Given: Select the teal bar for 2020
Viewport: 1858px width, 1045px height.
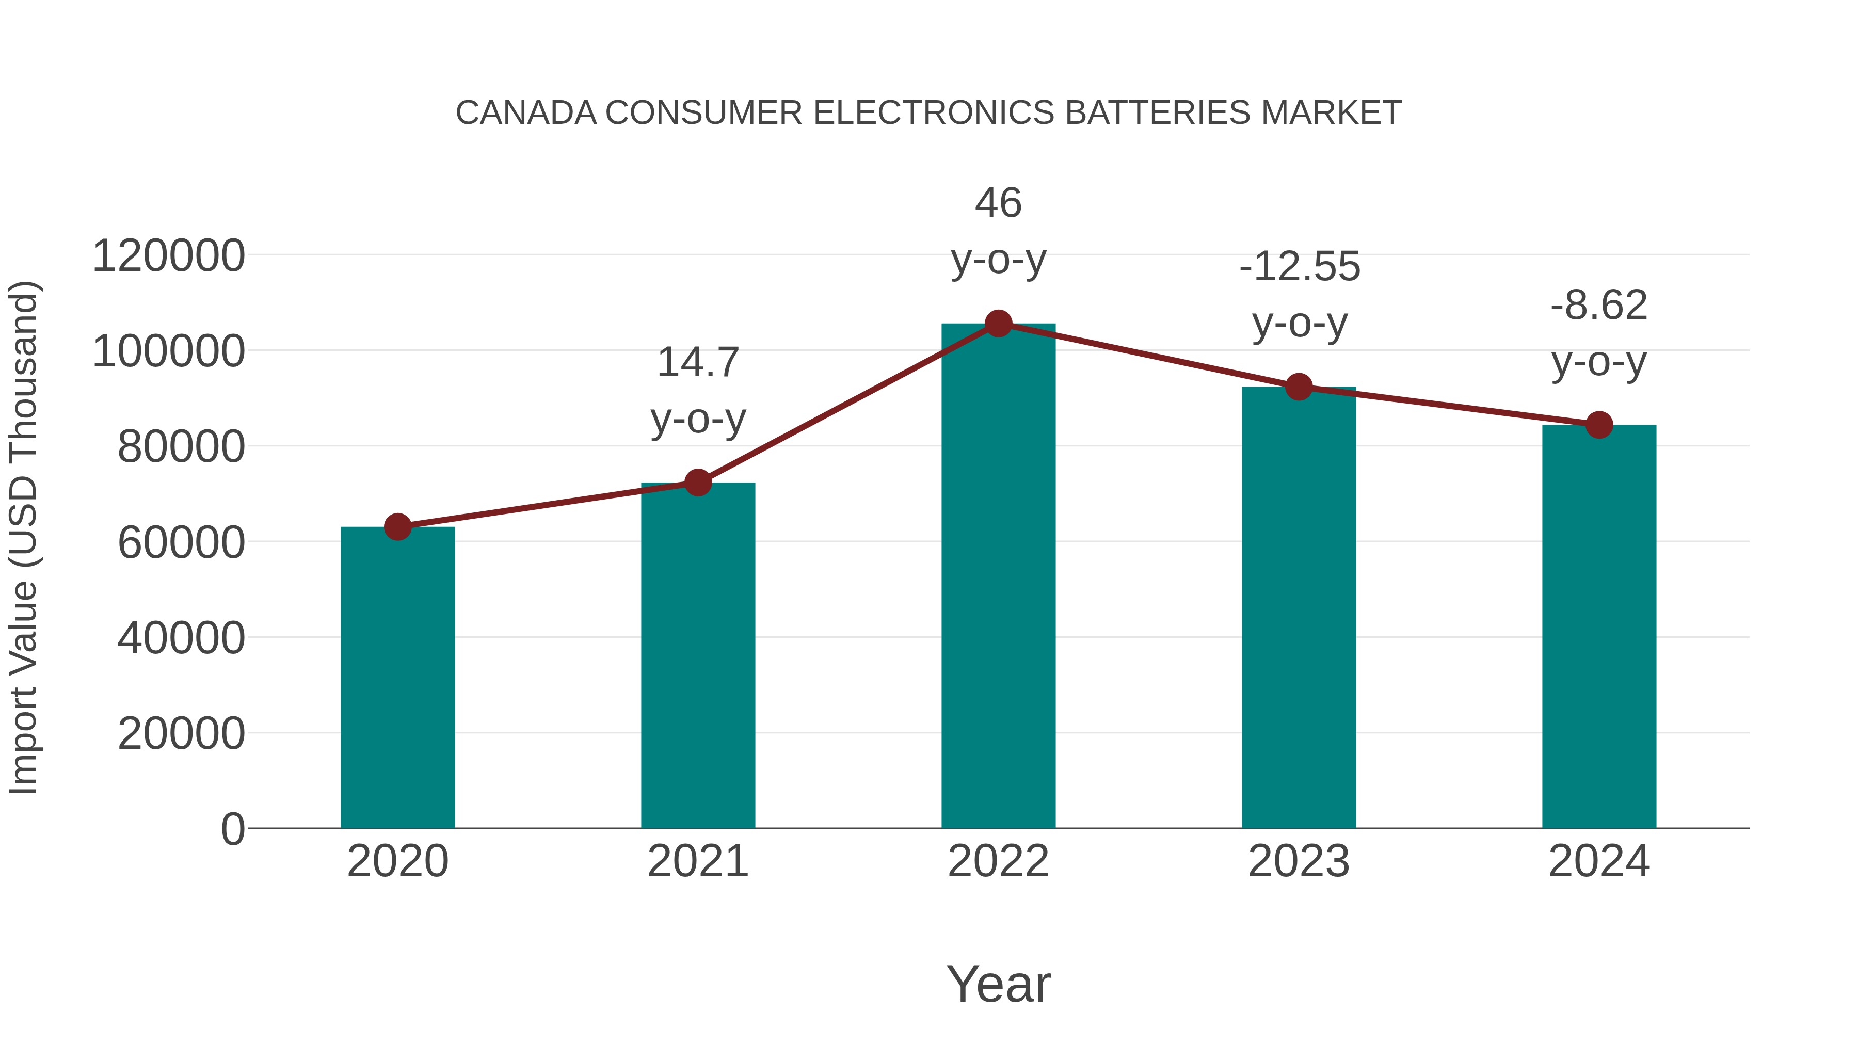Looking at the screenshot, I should [397, 678].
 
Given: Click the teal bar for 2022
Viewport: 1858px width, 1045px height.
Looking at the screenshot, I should [998, 577].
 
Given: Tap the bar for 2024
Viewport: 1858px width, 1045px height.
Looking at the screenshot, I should [1599, 628].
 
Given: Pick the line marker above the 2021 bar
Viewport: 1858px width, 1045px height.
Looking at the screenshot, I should [697, 483].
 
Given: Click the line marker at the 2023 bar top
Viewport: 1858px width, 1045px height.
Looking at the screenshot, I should [1299, 387].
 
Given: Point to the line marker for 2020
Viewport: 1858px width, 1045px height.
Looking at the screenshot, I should [397, 527].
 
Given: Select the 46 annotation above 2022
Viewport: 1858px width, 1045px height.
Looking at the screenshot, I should [998, 203].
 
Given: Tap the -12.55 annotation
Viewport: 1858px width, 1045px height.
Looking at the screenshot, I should [1299, 267].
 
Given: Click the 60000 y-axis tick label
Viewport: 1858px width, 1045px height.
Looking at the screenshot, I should [181, 542].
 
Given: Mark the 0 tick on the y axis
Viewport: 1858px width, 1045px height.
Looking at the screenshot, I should [232, 829].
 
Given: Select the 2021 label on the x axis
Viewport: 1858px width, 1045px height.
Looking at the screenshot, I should [697, 861].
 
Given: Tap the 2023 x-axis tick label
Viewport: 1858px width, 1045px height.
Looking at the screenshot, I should [1299, 861].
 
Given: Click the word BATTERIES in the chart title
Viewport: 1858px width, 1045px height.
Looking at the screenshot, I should [1158, 113].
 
